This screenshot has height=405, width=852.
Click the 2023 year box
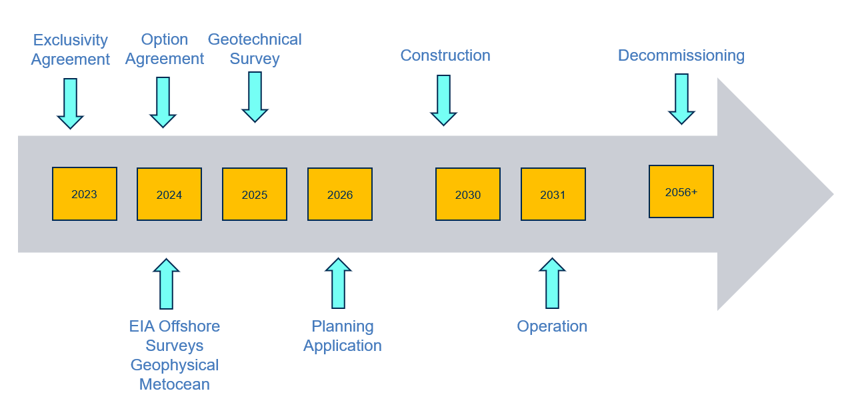point(85,193)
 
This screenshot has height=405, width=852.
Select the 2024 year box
point(169,194)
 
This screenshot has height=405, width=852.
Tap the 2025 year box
point(255,194)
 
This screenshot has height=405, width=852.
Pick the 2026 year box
point(340,194)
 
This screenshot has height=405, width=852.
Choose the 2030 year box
point(468,194)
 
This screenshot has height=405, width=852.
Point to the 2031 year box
point(553,194)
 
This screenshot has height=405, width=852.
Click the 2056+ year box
point(681,191)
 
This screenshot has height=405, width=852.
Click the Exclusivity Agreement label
point(71,49)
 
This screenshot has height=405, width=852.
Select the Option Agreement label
point(164,49)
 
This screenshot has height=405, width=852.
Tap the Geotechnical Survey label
point(255,49)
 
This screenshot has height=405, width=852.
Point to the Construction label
point(445,55)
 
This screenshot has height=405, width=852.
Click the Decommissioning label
point(681,55)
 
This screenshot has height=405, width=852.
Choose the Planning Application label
point(342,336)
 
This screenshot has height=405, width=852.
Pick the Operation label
point(552,326)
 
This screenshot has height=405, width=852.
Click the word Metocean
point(175,384)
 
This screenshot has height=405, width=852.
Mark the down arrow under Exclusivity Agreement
point(71,103)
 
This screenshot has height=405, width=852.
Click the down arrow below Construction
point(443,100)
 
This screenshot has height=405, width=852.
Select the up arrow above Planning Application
point(338,283)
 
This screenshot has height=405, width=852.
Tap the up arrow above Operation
point(552,283)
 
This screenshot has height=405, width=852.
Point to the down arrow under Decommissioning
point(681,99)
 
